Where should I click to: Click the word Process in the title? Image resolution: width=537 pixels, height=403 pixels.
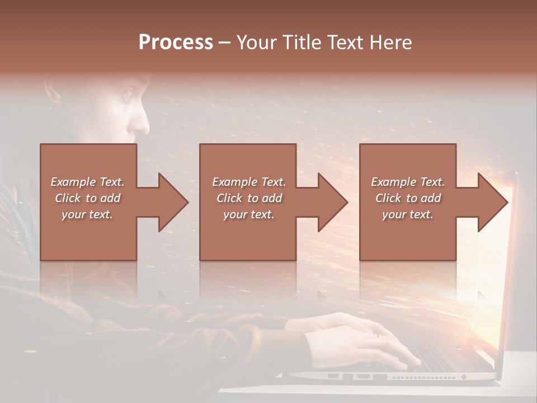tap(176, 43)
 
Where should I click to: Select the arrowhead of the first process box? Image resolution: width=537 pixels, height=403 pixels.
tap(171, 202)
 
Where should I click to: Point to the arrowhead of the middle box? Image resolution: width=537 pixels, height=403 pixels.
tap(331, 202)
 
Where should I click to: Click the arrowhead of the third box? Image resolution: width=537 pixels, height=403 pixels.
tap(492, 202)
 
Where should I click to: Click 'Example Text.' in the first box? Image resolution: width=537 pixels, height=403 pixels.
tap(87, 182)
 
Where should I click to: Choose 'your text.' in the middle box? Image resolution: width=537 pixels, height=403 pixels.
tap(248, 214)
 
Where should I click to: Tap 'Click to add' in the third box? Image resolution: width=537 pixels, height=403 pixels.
tap(408, 198)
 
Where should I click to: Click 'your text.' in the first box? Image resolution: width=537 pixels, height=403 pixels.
tap(87, 214)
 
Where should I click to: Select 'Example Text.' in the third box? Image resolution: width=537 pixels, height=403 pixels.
tap(408, 182)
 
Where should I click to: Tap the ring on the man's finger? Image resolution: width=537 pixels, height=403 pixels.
tap(376, 335)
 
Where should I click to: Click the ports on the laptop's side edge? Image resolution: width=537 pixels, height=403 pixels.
tap(358, 377)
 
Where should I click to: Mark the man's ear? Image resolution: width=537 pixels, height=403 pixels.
tap(53, 92)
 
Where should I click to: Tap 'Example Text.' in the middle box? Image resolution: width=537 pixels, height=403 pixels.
tap(248, 182)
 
